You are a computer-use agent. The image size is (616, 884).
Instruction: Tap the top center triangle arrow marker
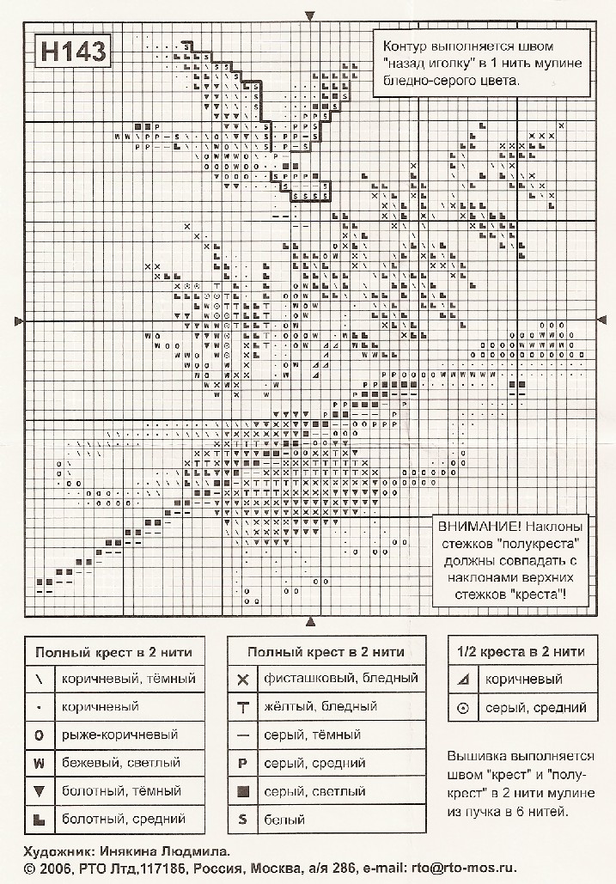[x=311, y=15]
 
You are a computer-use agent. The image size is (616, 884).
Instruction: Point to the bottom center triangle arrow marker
[x=311, y=621]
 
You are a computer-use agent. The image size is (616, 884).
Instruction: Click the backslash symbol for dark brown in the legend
[x=40, y=679]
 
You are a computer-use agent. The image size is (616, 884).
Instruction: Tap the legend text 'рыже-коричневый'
[x=119, y=735]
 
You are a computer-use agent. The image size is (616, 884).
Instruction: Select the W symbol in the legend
[x=40, y=762]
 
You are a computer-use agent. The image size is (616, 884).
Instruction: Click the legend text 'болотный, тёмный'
[x=121, y=790]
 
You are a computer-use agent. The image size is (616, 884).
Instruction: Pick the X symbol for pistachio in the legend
[x=242, y=679]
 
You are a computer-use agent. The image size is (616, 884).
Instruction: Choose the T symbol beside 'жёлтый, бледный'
[x=242, y=707]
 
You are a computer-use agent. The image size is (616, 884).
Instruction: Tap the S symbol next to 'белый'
[x=242, y=819]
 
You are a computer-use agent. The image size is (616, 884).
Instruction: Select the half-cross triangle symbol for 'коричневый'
[x=463, y=679]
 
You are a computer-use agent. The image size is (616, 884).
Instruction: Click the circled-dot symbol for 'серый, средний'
[x=463, y=708]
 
